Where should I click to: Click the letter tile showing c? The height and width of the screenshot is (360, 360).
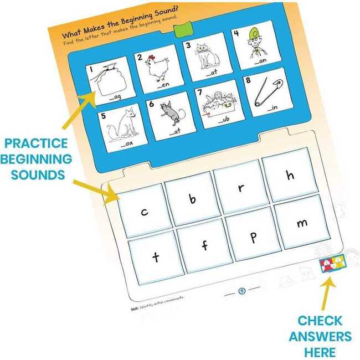[x=144, y=211]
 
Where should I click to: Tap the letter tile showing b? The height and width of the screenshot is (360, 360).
[x=192, y=198]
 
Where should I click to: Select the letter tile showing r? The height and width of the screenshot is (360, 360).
[x=241, y=187]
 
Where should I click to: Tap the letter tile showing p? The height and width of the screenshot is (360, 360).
[x=253, y=236]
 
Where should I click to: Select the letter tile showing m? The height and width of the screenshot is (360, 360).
[x=301, y=223]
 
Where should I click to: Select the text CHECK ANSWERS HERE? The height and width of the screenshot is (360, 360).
[x=324, y=336]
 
